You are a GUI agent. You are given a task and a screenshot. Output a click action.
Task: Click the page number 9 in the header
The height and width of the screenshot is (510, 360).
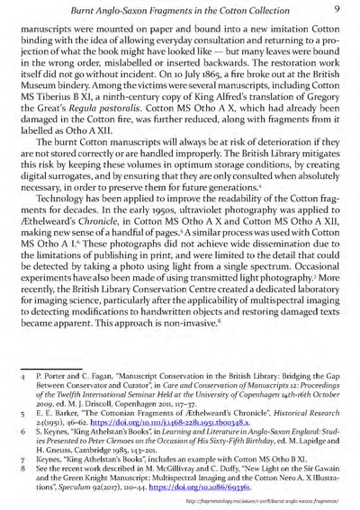[333, 8]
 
